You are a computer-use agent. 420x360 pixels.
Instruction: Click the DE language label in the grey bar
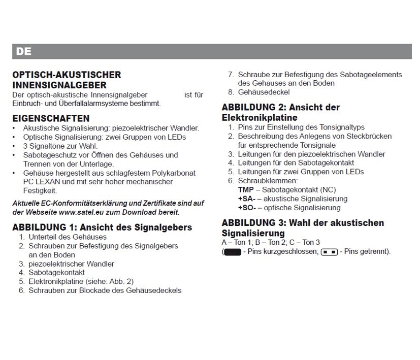coord(24,52)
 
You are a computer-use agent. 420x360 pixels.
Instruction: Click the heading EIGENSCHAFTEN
coord(51,118)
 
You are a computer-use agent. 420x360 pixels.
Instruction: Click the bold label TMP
coord(246,189)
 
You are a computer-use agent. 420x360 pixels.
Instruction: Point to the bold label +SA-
coord(247,199)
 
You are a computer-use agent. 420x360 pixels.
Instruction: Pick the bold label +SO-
coord(247,208)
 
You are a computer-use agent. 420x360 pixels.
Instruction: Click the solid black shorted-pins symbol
coord(232,252)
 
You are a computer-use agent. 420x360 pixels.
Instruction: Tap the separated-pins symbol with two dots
coord(330,252)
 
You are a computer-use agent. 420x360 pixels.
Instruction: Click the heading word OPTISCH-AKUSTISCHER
coord(67,75)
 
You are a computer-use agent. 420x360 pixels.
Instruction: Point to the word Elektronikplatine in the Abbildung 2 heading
coord(260,118)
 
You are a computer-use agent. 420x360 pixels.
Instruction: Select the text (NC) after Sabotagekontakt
coord(326,189)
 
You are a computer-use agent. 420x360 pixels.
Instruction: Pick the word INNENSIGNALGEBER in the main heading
coord(59,85)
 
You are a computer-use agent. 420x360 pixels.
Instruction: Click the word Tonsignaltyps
coord(341,127)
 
